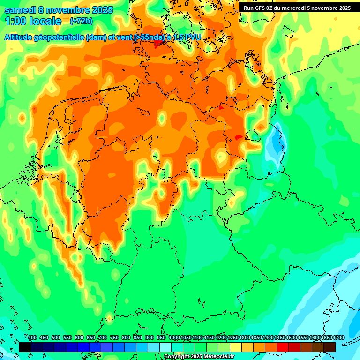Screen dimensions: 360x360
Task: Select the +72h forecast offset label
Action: point(81,21)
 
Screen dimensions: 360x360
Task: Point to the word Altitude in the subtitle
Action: point(20,37)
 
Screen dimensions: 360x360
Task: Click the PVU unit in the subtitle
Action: point(193,37)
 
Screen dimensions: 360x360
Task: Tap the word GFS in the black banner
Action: point(262,8)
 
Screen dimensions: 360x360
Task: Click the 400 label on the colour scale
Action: point(32,338)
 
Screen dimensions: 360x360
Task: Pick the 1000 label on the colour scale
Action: point(174,338)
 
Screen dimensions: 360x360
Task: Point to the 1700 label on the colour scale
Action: point(338,338)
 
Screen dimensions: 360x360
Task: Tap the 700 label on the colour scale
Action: point(103,338)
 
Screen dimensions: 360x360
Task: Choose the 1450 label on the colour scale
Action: point(280,338)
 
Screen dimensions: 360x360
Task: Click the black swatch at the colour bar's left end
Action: point(24,347)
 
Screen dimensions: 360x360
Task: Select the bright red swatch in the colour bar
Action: point(283,347)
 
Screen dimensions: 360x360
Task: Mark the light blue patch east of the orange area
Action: point(277,141)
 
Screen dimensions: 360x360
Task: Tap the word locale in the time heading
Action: point(46,22)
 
